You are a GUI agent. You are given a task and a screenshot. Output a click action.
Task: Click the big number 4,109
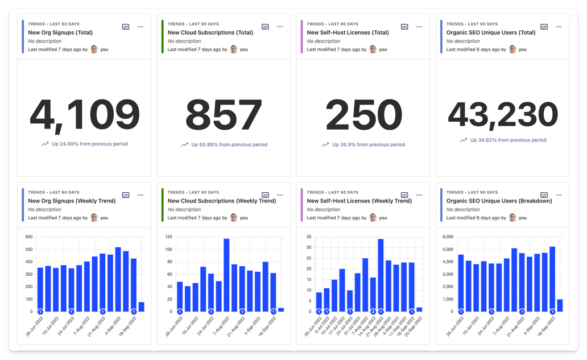pyautogui.click(x=84, y=115)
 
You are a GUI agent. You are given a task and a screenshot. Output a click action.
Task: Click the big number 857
pyautogui.click(x=224, y=115)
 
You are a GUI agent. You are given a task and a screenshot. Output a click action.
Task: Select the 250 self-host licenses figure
pyautogui.click(x=363, y=115)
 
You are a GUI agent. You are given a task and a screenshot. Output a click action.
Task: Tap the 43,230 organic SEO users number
pyautogui.click(x=503, y=115)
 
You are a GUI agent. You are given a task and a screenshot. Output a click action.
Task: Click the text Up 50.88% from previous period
pyautogui.click(x=229, y=144)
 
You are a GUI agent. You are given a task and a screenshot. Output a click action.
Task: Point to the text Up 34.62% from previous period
pyautogui.click(x=508, y=140)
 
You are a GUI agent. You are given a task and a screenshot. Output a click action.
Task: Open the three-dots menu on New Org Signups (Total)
pyautogui.click(x=140, y=27)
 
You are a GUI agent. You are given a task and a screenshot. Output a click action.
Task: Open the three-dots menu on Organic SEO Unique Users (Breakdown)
pyautogui.click(x=559, y=195)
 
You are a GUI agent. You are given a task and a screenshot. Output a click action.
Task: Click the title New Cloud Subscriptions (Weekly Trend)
pyautogui.click(x=222, y=201)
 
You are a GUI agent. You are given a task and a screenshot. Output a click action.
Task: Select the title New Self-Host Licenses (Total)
pyautogui.click(x=348, y=32)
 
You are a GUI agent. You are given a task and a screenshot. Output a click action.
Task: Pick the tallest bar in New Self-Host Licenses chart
pyautogui.click(x=381, y=275)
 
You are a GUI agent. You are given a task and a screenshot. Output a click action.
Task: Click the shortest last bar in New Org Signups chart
pyautogui.click(x=141, y=307)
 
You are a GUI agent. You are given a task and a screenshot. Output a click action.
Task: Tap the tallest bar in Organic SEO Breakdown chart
pyautogui.click(x=552, y=279)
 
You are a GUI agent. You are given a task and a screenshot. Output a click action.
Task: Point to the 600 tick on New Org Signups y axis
pyautogui.click(x=28, y=237)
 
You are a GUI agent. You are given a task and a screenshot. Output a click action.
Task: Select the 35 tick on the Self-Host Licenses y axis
pyautogui.click(x=309, y=237)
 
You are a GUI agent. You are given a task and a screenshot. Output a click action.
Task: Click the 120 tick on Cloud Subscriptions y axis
pyautogui.click(x=168, y=237)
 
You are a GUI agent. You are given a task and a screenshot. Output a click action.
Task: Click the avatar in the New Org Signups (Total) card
pyautogui.click(x=94, y=49)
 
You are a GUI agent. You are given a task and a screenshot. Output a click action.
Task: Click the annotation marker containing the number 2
pyautogui.click(x=373, y=312)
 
